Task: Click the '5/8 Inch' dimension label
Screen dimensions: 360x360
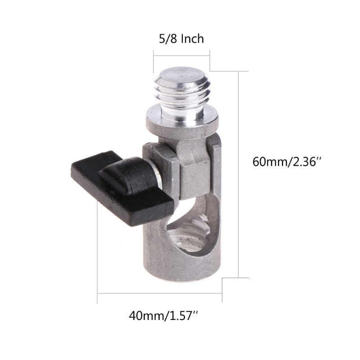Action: point(181,39)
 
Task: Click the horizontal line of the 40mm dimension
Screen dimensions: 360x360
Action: point(160,293)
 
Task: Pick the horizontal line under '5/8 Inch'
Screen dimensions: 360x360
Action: point(181,55)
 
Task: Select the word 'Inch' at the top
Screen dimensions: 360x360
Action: point(192,39)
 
